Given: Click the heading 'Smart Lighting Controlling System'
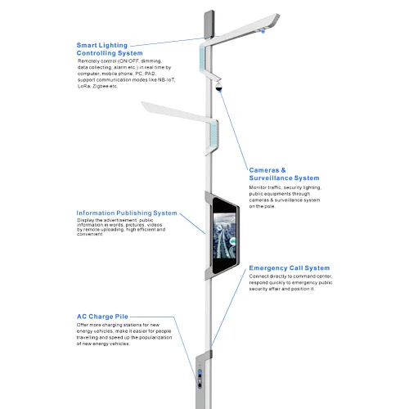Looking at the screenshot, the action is [110, 49].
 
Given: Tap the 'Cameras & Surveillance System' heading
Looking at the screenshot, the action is [284, 174].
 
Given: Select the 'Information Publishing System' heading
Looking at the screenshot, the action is [127, 213].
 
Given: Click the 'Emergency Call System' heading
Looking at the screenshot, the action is [290, 268].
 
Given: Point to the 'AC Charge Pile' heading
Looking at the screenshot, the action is [102, 317].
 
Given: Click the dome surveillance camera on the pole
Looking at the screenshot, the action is [218, 86].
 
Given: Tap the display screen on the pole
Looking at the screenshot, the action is [225, 236].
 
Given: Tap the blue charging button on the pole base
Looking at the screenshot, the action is [200, 372].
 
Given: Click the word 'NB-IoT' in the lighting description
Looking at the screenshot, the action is [167, 80].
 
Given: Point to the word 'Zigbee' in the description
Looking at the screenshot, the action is [101, 86].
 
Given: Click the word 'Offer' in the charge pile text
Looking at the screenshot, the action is [82, 325].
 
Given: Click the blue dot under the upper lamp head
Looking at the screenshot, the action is [263, 32].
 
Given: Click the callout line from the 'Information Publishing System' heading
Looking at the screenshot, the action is [192, 223].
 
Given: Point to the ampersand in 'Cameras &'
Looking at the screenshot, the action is [283, 170].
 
